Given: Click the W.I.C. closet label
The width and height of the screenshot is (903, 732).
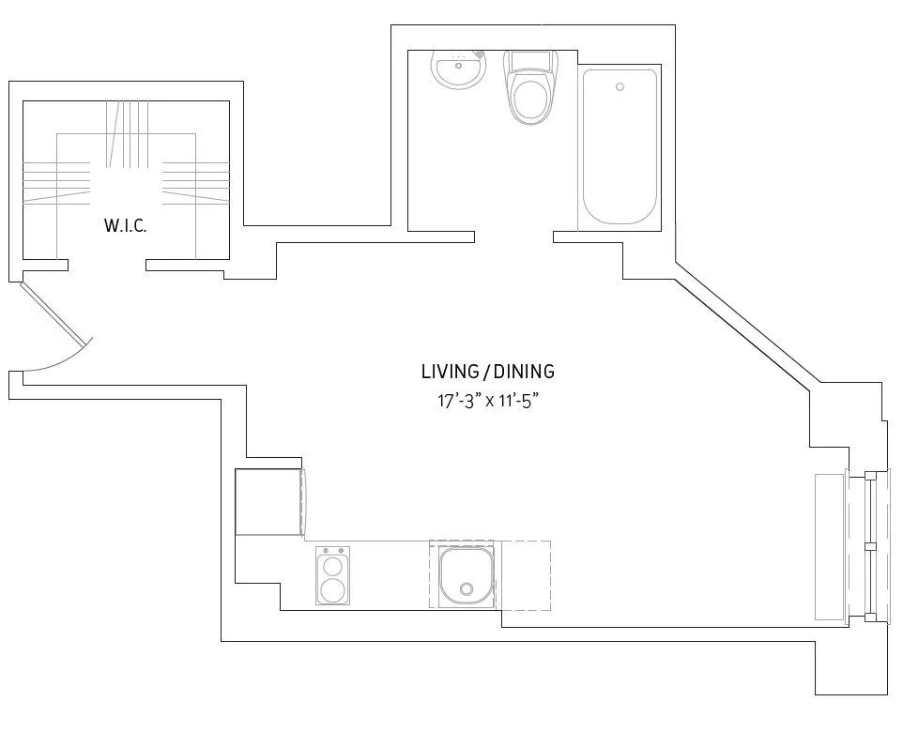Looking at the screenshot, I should pos(125,226).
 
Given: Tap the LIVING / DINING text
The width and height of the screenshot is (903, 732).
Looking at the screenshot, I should pos(487,372).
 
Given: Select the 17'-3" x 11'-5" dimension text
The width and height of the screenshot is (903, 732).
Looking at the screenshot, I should pos(486,401).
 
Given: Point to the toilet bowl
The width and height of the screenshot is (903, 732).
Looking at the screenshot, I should pos(530,100).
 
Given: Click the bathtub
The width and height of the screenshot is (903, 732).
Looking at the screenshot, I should pos(620,146).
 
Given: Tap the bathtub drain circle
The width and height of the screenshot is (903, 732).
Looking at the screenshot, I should pos(620,87).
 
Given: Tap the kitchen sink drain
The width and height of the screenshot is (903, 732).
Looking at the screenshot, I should pos(467,589).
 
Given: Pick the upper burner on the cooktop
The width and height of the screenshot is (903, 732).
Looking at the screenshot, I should pos(331,566).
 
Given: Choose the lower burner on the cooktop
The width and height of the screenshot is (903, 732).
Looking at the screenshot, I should pos(331,590).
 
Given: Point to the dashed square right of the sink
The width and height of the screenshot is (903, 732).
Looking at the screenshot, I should pos(524,575).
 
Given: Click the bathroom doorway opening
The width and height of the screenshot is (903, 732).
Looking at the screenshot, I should pos(513,236).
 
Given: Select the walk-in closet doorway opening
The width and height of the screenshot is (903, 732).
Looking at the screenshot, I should pos(106,266).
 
